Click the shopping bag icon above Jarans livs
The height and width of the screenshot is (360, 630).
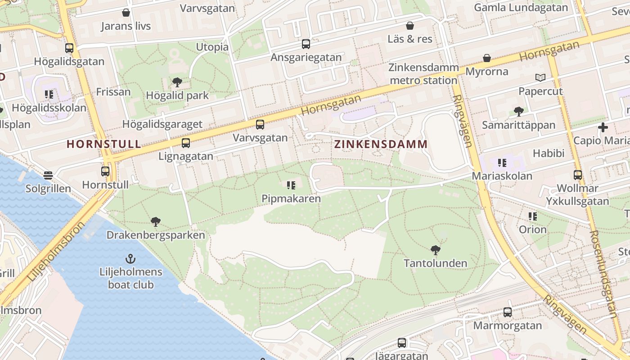[x=126, y=13]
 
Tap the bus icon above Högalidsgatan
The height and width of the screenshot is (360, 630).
[x=69, y=48]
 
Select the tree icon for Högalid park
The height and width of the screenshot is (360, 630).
[x=177, y=82]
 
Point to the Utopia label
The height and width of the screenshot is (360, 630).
[x=212, y=47]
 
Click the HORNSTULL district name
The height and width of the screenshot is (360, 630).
[x=103, y=144]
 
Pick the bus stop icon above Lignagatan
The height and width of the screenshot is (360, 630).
[x=185, y=143]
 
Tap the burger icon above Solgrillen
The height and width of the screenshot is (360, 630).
[x=48, y=175]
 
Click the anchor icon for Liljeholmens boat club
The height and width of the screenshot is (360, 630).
[x=130, y=259]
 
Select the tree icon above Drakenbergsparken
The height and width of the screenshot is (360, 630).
[x=156, y=221]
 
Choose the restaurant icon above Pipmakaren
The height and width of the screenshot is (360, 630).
[x=291, y=185]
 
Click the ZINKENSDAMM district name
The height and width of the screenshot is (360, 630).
[x=381, y=144]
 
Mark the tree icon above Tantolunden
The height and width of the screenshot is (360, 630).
[x=435, y=250]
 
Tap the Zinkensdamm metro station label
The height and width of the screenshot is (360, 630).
[x=423, y=74]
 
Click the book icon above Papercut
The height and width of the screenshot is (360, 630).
[x=540, y=77]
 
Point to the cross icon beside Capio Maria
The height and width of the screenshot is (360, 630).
[x=603, y=127]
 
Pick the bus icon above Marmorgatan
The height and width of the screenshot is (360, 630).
[x=508, y=312]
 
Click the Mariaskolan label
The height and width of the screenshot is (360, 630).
[x=502, y=176]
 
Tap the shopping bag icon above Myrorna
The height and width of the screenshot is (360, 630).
[x=486, y=58]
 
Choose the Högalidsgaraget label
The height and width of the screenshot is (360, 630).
[x=162, y=124]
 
